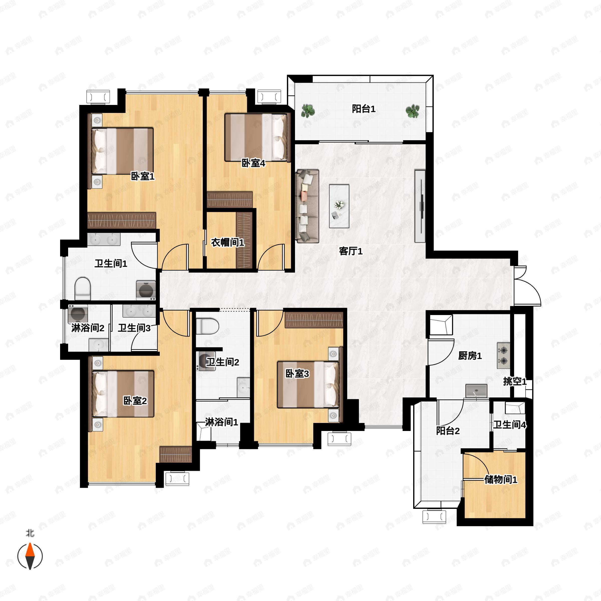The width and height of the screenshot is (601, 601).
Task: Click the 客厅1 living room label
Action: [351, 251]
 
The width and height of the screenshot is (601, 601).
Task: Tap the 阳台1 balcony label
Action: [364, 109]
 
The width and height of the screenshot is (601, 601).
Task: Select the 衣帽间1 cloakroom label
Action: [227, 242]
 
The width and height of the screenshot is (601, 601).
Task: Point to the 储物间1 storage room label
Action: [501, 480]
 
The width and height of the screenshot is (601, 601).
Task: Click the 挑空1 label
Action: [515, 381]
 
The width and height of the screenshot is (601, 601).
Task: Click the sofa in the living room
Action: [307, 206]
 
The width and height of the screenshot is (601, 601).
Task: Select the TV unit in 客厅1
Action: [420, 206]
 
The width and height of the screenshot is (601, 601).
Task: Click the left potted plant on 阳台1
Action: [308, 111]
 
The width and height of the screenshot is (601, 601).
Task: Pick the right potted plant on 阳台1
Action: [412, 111]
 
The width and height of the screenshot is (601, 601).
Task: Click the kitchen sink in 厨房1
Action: [476, 391]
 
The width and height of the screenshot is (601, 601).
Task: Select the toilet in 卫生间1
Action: [83, 288]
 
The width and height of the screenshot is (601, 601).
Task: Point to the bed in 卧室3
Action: [308, 384]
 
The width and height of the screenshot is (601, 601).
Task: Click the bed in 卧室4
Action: [256, 137]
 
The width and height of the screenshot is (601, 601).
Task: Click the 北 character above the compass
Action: [30, 533]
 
